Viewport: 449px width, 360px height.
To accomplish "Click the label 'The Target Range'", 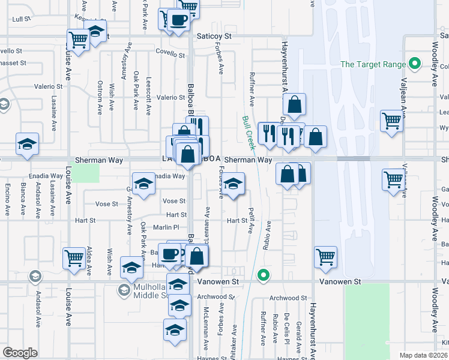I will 372,64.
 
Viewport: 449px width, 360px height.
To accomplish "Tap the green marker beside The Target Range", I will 414,64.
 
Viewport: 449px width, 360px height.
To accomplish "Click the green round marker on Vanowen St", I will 262,275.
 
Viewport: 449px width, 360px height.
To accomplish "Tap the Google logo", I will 20,353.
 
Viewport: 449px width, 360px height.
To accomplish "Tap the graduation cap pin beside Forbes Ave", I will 234,185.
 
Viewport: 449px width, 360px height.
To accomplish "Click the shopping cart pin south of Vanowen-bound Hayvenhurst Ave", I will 325,257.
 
